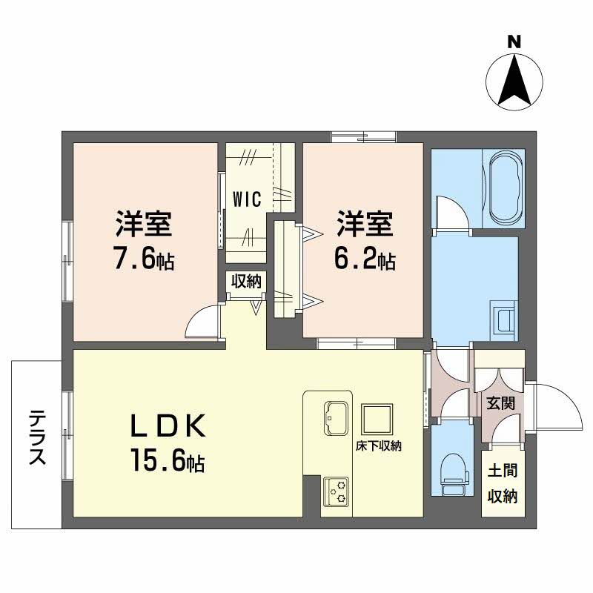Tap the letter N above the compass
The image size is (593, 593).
513,42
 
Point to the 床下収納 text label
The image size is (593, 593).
378,446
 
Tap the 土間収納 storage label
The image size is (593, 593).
502,484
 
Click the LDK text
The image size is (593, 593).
167,427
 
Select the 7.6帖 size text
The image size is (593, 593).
144,259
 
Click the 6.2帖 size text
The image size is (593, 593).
366,259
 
